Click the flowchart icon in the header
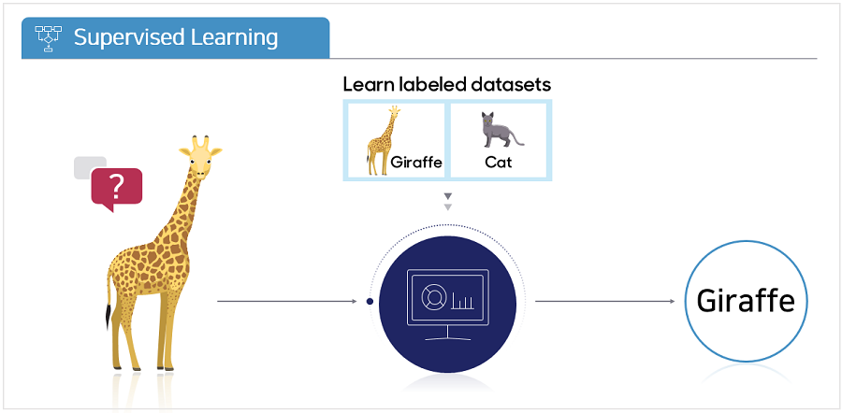[x=49, y=38]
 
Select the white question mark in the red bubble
[x=116, y=186]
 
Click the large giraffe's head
[x=200, y=157]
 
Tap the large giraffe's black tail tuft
[x=109, y=316]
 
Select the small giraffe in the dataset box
[x=383, y=139]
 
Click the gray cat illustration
[x=501, y=130]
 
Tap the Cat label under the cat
[x=499, y=162]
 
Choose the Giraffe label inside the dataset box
[x=416, y=162]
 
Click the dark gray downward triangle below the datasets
[x=448, y=196]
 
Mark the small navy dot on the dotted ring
[x=370, y=302]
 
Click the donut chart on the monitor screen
[x=431, y=296]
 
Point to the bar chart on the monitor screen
[x=463, y=301]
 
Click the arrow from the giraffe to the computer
[x=287, y=302]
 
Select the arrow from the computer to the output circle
[x=605, y=302]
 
